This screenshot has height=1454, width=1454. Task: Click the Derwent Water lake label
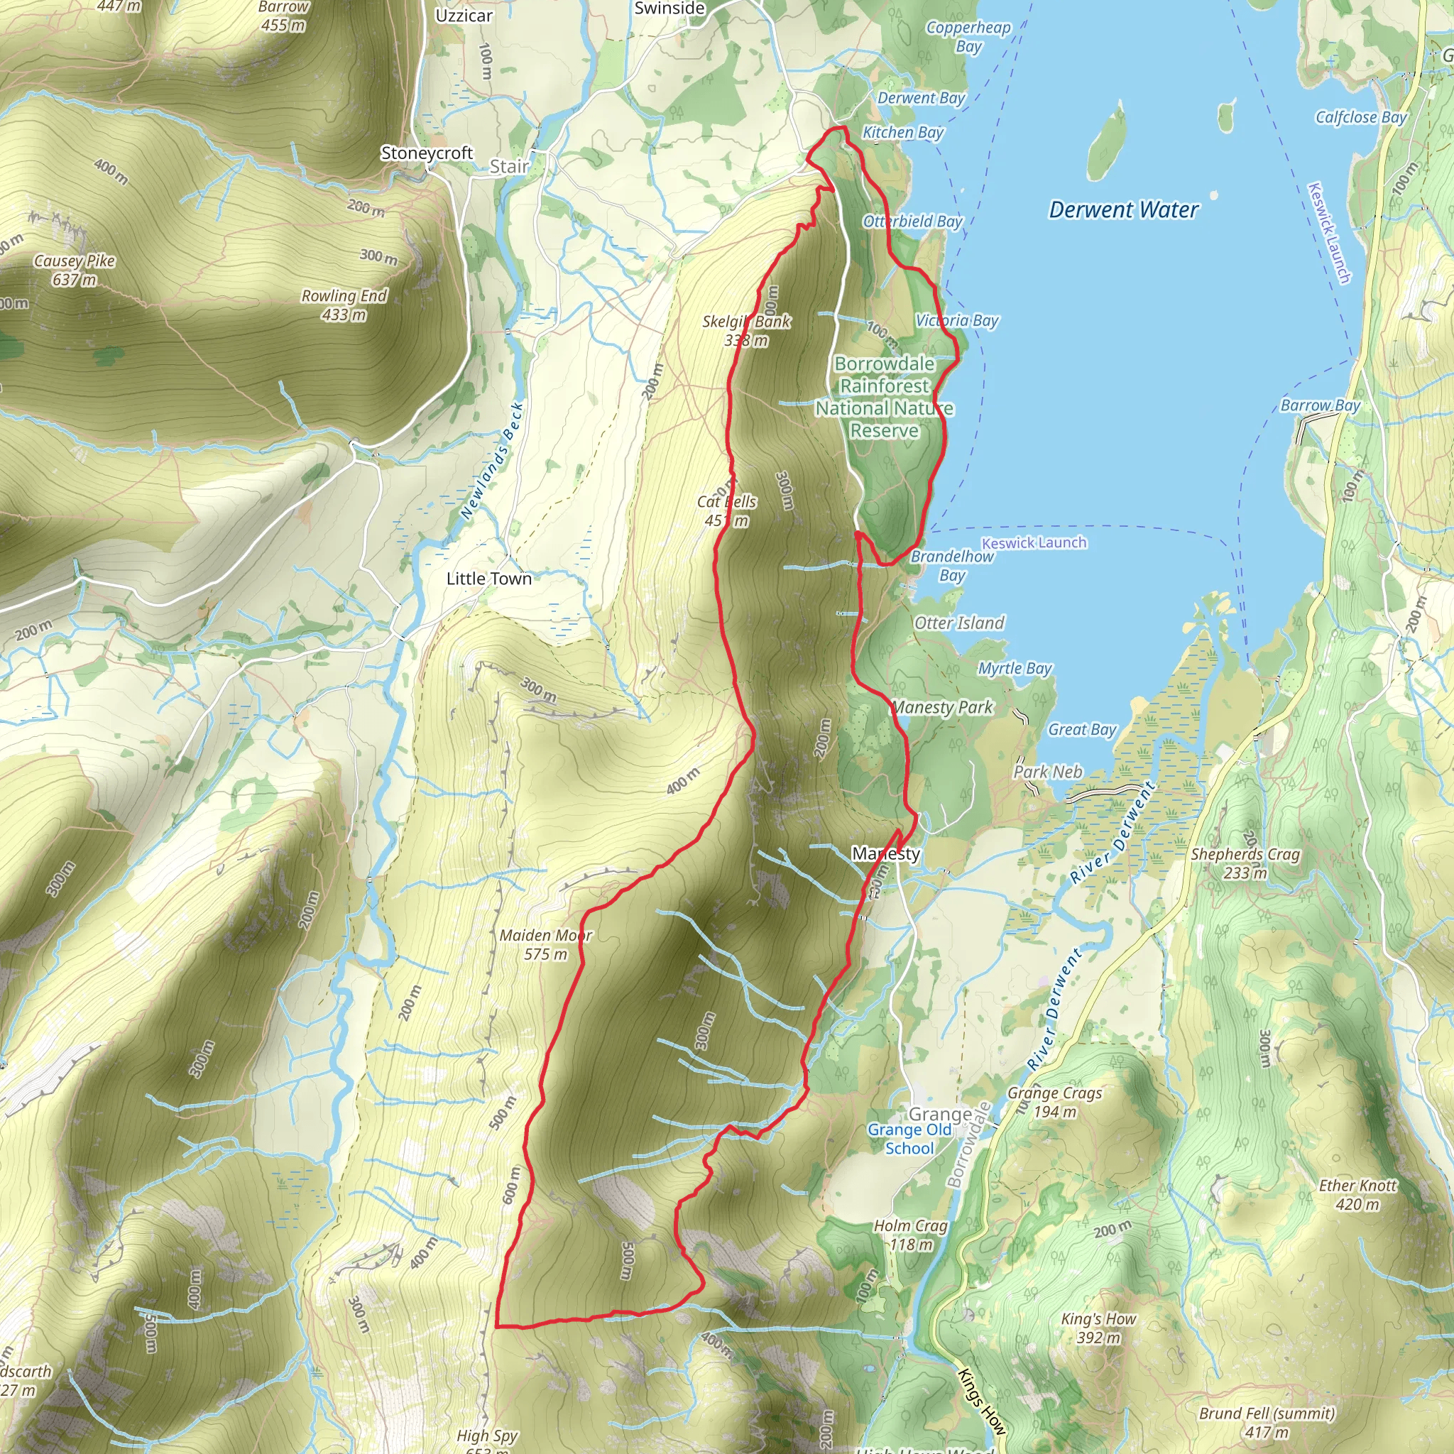click(x=1123, y=210)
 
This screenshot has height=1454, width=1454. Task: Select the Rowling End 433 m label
click(x=344, y=305)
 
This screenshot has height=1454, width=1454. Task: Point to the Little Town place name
click(x=488, y=579)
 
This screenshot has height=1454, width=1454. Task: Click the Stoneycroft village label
click(x=427, y=153)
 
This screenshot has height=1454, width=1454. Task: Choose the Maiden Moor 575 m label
click(x=546, y=944)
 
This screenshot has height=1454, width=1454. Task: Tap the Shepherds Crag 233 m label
click(x=1245, y=863)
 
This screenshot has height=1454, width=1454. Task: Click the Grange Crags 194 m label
click(x=1054, y=1102)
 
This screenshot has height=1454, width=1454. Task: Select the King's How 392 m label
click(x=1098, y=1328)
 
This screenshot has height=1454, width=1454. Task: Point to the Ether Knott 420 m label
click(x=1357, y=1194)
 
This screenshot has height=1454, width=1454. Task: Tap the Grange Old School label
click(x=909, y=1139)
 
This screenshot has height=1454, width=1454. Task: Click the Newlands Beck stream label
click(x=491, y=461)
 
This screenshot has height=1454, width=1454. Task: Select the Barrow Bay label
click(x=1320, y=405)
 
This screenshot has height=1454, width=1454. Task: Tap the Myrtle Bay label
click(x=1015, y=668)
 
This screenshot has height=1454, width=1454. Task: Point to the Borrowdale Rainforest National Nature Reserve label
click(x=885, y=397)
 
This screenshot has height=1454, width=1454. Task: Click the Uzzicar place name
click(x=464, y=16)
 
